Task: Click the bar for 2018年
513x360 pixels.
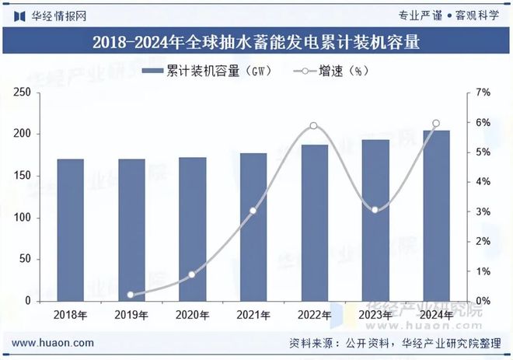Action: tap(70, 230)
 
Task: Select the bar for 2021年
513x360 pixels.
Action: tap(253, 227)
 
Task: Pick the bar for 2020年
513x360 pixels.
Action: tap(193, 229)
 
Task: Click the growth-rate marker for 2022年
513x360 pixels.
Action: tap(313, 126)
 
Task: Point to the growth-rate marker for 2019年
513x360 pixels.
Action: tap(131, 295)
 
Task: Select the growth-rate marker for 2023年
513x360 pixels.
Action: tap(375, 210)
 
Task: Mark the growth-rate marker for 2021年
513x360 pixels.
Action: tap(253, 211)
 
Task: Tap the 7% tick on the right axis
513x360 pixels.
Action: tap(483, 93)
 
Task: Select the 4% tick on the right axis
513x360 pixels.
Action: tap(483, 182)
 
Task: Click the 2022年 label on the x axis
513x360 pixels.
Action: tap(314, 315)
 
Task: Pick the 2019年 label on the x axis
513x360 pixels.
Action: tap(131, 315)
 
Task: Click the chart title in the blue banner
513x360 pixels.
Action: tap(256, 42)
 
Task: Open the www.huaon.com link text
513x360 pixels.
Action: tap(54, 343)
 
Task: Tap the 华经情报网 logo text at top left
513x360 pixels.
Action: tap(51, 15)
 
